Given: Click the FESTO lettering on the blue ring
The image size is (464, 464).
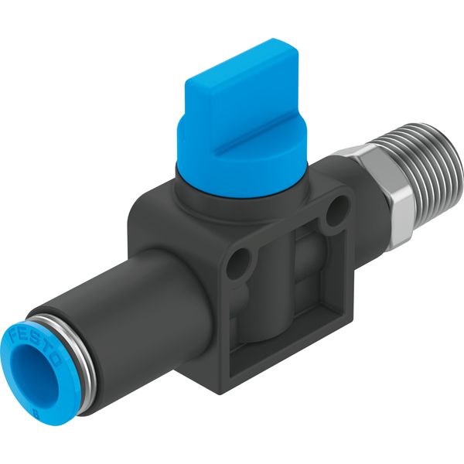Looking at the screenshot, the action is click(x=36, y=347).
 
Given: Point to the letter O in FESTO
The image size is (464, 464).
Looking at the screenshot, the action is click(x=56, y=360).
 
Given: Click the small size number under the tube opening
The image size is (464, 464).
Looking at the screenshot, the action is click(x=36, y=411).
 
